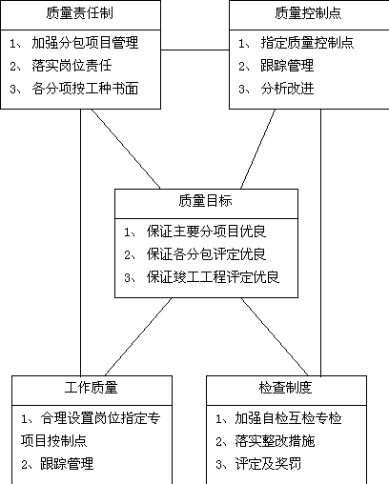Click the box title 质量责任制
[79, 13]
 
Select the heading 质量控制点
[308, 13]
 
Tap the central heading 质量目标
[205, 201]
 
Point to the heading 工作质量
[92, 388]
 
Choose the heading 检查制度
[285, 388]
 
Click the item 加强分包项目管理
[85, 43]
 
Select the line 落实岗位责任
[72, 66]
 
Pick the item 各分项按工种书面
[85, 89]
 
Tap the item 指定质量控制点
[307, 43]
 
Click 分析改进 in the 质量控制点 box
[287, 89]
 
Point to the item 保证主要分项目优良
[206, 232]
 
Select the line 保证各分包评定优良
[206, 254]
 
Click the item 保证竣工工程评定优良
[213, 277]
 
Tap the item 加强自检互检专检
[288, 418]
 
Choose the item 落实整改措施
[275, 441]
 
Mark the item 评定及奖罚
[268, 464]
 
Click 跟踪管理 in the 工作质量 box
[67, 464]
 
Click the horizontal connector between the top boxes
[195, 50]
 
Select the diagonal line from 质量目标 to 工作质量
[138, 336]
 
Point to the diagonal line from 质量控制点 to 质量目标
[257, 149]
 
